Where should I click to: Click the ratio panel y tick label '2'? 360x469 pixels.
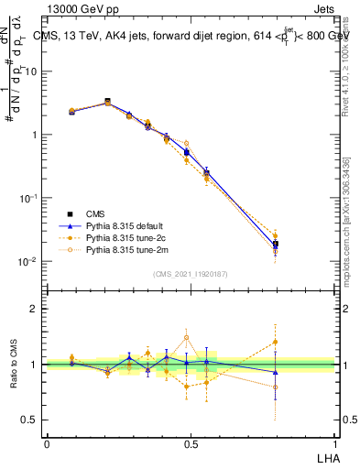coord(34,309)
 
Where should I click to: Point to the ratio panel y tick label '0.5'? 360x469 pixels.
coord(30,421)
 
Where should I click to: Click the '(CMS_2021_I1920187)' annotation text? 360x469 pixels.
coord(191,274)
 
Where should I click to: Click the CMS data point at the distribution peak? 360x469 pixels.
coord(107,102)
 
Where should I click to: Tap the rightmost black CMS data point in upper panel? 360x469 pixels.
coord(275,245)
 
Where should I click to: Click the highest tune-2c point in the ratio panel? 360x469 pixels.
coord(275,342)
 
